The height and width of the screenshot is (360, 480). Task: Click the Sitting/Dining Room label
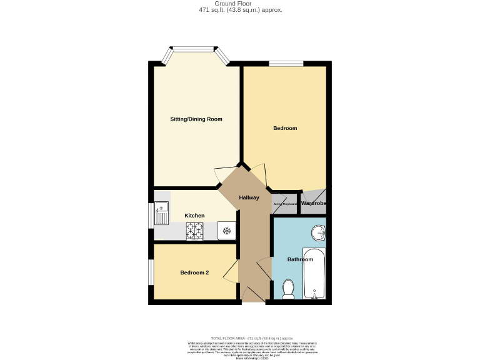(x=196, y=119)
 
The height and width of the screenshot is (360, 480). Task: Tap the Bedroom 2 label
(x=194, y=272)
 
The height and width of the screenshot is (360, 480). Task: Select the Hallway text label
(x=249, y=198)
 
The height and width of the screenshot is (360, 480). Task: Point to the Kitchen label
(x=194, y=216)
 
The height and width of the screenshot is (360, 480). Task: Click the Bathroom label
(x=300, y=259)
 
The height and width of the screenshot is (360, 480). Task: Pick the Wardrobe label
(x=313, y=203)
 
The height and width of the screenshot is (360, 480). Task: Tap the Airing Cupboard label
(x=284, y=204)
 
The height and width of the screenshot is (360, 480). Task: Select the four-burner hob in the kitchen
(x=195, y=231)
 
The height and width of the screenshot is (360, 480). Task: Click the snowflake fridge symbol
(x=226, y=231)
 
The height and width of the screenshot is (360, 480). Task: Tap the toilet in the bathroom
(x=288, y=289)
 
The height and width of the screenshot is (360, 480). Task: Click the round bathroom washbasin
(x=319, y=233)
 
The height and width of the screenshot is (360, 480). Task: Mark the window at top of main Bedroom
(x=286, y=63)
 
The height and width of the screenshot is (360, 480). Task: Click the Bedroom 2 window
(x=151, y=272)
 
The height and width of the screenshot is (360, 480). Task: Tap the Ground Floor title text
(x=239, y=3)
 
